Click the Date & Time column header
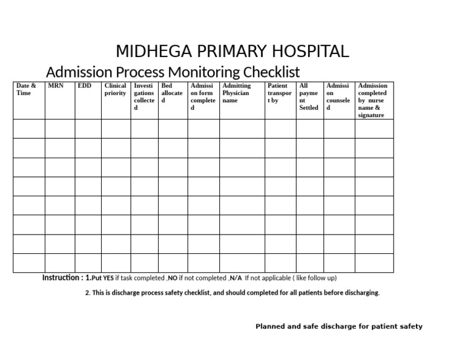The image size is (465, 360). pos(26,90)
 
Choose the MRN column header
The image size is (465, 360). pos(55,86)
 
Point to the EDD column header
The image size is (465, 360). pos(84,86)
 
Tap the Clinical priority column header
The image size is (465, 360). pos(115,90)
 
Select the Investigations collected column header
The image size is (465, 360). pos(144,97)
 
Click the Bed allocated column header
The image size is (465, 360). pos(172,93)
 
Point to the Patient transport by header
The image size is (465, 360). pos(279,93)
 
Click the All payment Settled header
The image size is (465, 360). pos(309,97)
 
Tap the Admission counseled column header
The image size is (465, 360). pos(338,97)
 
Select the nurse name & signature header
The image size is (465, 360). pos(372,101)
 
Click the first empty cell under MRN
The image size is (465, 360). pos(59,128)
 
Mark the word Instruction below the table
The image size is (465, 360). pos(62,278)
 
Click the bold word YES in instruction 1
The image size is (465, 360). pos(108,278)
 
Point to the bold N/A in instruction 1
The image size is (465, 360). pos(236,278)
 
